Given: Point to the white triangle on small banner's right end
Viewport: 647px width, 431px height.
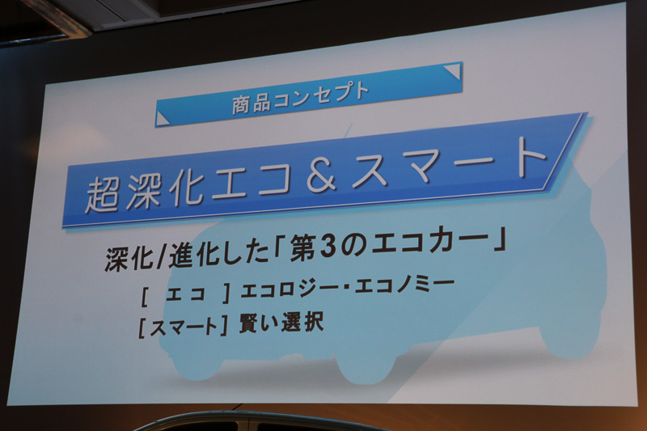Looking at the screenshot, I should coord(451,71).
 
